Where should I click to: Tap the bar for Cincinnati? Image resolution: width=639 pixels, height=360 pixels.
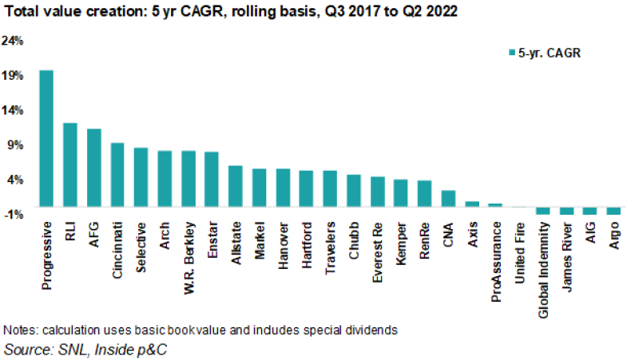pyautogui.click(x=117, y=174)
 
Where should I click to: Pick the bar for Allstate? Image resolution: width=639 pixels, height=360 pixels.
pyautogui.click(x=236, y=186)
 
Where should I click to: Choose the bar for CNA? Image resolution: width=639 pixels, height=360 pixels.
pyautogui.click(x=448, y=198)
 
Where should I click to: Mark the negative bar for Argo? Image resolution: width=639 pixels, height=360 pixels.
pyautogui.click(x=613, y=211)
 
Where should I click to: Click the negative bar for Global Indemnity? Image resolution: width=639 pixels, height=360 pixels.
pyautogui.click(x=543, y=211)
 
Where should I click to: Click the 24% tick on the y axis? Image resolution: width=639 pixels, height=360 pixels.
pyautogui.click(x=14, y=40)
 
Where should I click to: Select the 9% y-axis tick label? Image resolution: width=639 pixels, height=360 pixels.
pyautogui.click(x=17, y=144)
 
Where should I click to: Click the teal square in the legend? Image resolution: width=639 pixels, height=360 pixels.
pyautogui.click(x=511, y=53)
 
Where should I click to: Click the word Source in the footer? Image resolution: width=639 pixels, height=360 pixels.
pyautogui.click(x=25, y=349)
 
